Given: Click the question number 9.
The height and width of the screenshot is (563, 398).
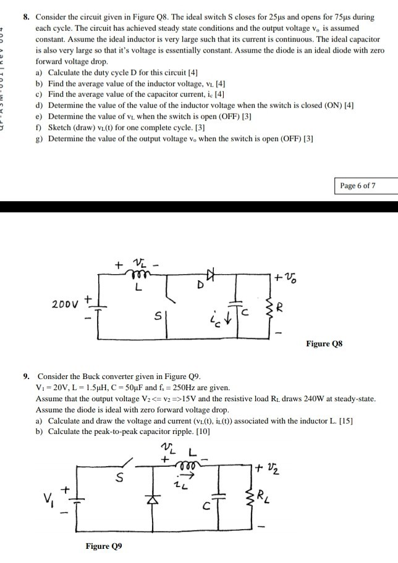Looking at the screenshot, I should (x=27, y=376).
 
